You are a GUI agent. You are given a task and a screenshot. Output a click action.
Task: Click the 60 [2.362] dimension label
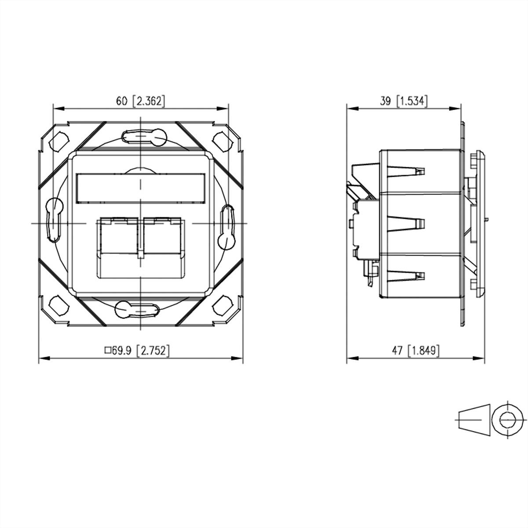click(x=140, y=101)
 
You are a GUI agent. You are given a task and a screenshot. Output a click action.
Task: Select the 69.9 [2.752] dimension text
click(x=137, y=351)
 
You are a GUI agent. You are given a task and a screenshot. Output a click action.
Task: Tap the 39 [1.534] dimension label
click(x=403, y=101)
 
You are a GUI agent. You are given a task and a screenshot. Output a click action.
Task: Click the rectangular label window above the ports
click(x=141, y=188)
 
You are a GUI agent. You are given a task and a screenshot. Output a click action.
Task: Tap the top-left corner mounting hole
click(x=59, y=140)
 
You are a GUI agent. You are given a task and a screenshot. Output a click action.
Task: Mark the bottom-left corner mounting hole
click(x=59, y=304)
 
